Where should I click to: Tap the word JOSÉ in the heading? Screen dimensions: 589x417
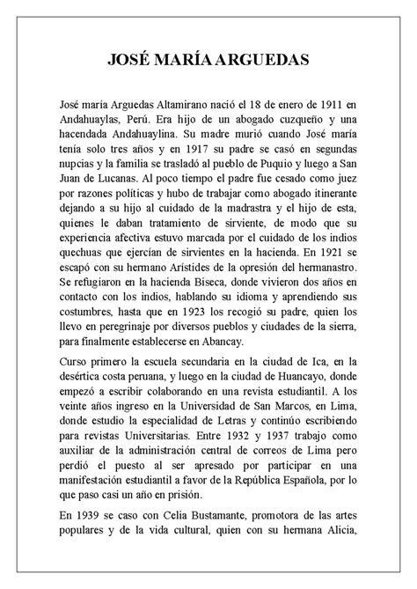(x=130, y=60)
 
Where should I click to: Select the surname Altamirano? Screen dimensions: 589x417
(x=191, y=106)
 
